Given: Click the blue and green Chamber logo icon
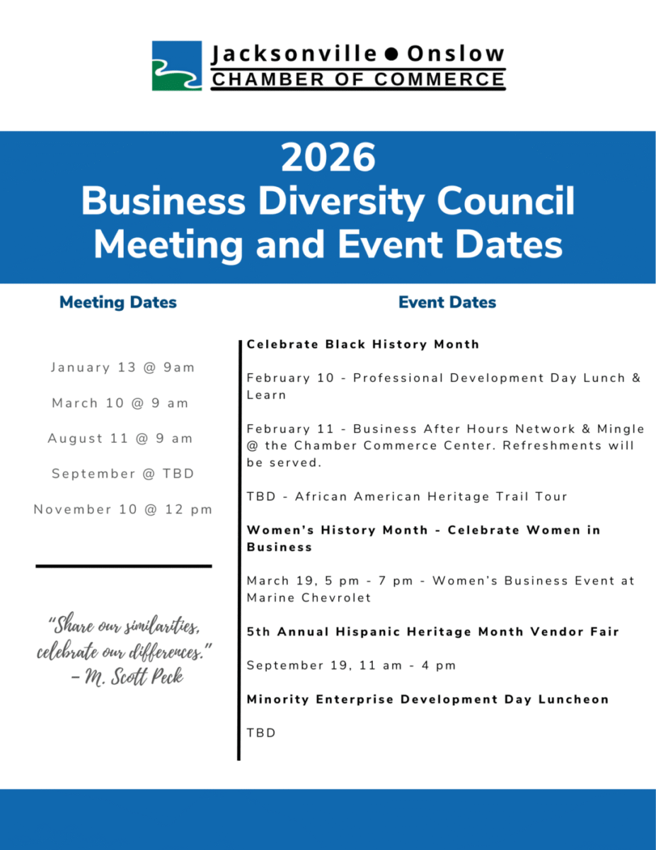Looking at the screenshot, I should [x=177, y=66].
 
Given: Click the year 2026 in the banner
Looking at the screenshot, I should [x=328, y=157].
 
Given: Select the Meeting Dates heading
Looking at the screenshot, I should [x=118, y=302].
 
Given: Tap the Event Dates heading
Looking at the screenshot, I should [x=447, y=302].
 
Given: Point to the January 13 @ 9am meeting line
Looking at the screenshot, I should [x=122, y=368].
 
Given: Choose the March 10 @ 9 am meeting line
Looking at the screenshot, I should [x=120, y=403].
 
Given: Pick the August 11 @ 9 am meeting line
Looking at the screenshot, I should [x=120, y=438].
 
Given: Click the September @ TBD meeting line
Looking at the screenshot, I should [x=122, y=474].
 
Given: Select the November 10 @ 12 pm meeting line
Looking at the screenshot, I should [x=122, y=509].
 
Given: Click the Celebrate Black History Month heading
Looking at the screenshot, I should [x=363, y=344].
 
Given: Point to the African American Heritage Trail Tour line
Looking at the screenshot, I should [x=407, y=497].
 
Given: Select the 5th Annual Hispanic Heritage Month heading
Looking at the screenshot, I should [x=432, y=631].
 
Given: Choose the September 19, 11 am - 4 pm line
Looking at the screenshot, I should [x=351, y=665].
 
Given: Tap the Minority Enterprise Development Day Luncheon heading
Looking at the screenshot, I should [x=427, y=699].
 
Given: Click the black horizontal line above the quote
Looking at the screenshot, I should [x=123, y=566].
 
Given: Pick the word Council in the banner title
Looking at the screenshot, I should [x=505, y=201].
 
